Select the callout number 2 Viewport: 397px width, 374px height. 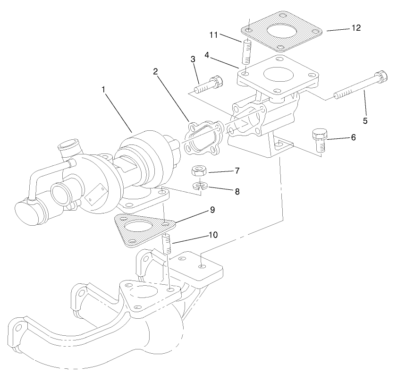click(155, 71)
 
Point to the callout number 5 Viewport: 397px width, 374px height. click(364, 120)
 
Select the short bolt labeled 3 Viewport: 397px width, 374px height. click(208, 85)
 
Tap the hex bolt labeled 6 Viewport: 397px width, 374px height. click(319, 140)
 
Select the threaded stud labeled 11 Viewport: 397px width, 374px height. click(245, 53)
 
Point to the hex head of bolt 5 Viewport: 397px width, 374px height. click(380, 76)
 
